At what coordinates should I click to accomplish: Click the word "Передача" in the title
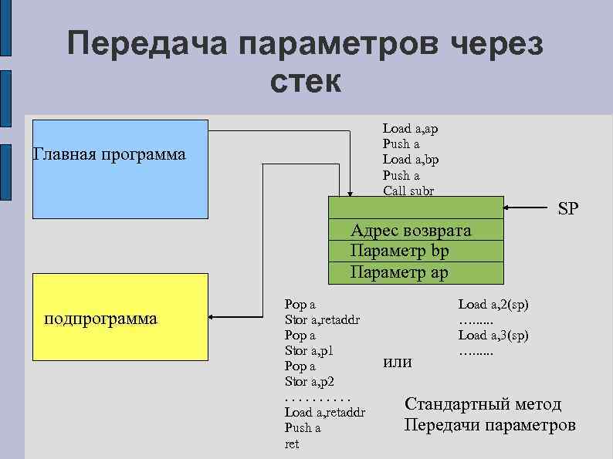[x=147, y=44]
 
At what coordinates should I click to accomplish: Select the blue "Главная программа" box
[x=120, y=169]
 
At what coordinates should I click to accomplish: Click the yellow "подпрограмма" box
[x=120, y=316]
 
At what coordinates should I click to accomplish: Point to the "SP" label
[x=568, y=209]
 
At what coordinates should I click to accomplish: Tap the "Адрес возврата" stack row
[x=410, y=231]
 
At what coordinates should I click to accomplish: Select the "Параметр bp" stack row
[x=399, y=251]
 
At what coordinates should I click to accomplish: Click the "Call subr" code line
[x=408, y=191]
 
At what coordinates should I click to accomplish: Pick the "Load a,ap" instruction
[x=410, y=129]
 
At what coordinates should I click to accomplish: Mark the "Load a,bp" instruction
[x=411, y=160]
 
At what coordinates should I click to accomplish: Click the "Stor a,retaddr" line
[x=322, y=319]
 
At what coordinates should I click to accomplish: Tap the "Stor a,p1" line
[x=308, y=351]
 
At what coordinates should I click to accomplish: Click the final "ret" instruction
[x=291, y=444]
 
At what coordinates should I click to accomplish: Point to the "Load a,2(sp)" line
[x=493, y=305]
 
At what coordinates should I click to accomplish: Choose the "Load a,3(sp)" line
[x=493, y=335]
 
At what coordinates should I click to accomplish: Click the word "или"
[x=398, y=362]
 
